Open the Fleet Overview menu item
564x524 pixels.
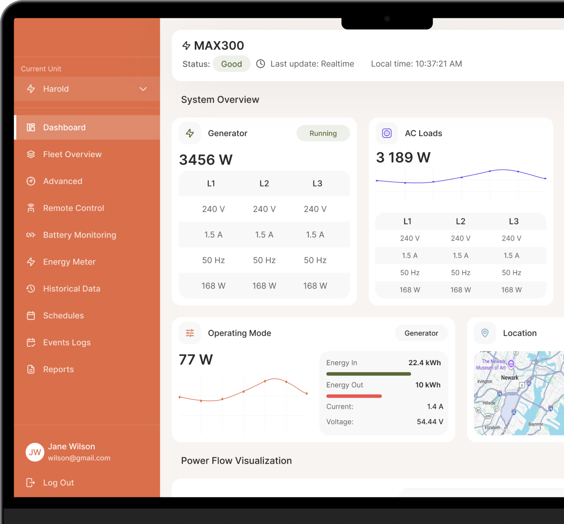[72, 154]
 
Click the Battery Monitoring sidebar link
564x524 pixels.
[80, 235]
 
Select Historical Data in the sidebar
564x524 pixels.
[72, 289]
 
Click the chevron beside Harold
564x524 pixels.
[143, 89]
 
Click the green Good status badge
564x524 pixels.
[231, 64]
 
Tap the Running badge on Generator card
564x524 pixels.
[323, 133]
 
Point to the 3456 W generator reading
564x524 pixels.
[206, 160]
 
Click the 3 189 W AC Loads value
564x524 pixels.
[403, 158]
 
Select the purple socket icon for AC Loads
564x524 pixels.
[387, 133]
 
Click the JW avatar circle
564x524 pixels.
[35, 452]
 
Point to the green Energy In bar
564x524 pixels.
[369, 374]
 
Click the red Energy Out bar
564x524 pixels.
[354, 396]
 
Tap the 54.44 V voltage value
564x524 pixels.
[430, 422]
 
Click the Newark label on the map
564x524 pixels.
[510, 378]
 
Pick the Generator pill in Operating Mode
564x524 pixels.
[421, 333]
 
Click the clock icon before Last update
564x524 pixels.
[260, 64]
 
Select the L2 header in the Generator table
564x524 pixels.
[264, 184]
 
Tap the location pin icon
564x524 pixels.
[485, 333]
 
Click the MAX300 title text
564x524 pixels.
[219, 45]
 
